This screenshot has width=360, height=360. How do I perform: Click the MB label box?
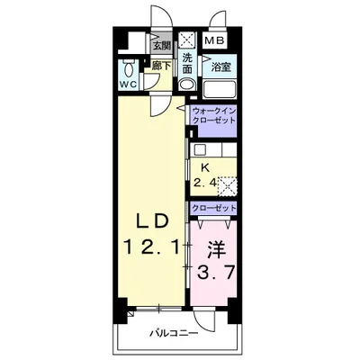(x=214, y=40)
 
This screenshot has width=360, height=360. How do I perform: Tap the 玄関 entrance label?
(x=162, y=46)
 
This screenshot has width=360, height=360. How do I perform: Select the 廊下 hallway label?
(x=161, y=66)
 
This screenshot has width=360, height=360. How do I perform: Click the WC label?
(x=129, y=85)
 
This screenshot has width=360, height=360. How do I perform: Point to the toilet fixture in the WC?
(x=129, y=68)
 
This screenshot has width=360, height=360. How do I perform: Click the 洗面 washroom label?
(x=187, y=63)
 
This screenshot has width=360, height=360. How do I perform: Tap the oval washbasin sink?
(x=187, y=85)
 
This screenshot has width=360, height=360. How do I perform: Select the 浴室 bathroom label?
(x=221, y=67)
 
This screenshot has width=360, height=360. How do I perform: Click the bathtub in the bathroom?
(x=220, y=89)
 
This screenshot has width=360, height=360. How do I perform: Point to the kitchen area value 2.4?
(x=205, y=183)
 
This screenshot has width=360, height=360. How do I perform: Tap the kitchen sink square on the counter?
(x=199, y=149)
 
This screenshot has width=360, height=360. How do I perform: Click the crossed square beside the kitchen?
(x=228, y=186)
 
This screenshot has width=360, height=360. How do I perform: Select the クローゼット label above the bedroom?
(x=214, y=208)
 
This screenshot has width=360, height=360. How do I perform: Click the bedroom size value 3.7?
(x=215, y=273)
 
